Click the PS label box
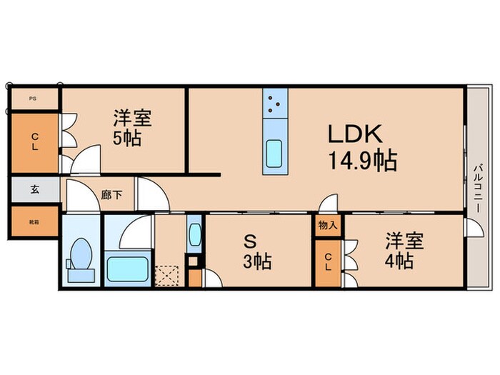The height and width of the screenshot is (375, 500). (33, 99)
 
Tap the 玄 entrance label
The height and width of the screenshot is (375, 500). (34, 190)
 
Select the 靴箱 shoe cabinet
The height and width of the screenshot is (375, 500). (34, 222)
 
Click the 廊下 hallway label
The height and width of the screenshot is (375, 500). (110, 194)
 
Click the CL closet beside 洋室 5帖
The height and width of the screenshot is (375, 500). (34, 140)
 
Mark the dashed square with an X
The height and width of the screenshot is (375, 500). (168, 275)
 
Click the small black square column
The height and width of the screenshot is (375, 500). (193, 261)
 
